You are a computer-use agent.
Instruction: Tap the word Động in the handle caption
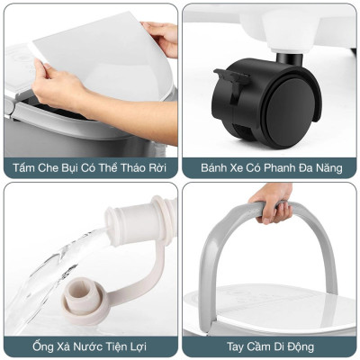click(319, 346)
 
